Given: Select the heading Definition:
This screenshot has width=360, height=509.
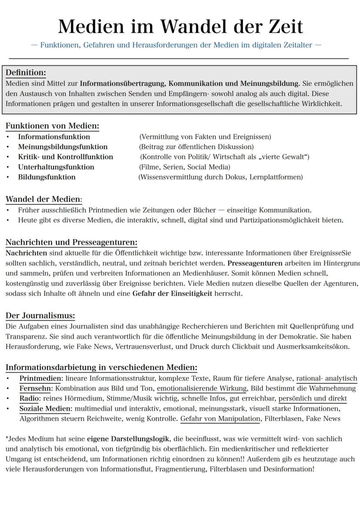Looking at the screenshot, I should click(26, 72).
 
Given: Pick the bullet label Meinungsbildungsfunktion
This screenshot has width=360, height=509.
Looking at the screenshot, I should click(63, 146).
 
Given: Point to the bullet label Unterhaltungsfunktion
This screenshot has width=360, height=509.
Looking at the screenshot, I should click(56, 167).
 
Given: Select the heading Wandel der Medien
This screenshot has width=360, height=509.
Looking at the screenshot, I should click(43, 200).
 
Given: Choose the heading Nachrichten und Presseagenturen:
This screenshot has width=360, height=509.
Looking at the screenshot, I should click(71, 243).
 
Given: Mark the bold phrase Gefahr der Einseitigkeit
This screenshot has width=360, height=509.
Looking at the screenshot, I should click(172, 293).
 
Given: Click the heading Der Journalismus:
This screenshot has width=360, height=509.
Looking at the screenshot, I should click(40, 316).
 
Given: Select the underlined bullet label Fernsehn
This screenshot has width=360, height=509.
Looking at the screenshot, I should click(35, 388).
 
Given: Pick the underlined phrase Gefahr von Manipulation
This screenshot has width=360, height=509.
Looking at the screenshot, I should click(220, 419).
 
